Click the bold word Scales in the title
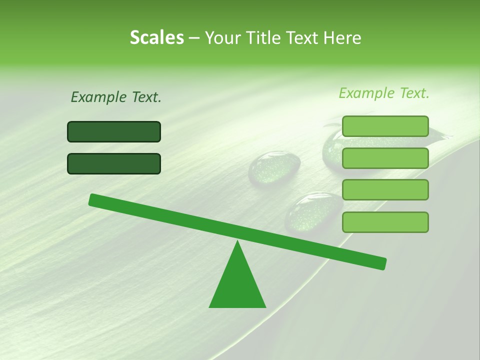click(156, 37)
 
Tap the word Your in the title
click(223, 37)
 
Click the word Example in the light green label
click(367, 93)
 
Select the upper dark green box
click(114, 132)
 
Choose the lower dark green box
click(114, 163)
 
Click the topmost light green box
click(385, 126)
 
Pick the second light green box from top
click(385, 158)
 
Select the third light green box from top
click(385, 190)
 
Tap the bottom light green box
click(385, 222)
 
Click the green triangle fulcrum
click(237, 285)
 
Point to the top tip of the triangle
click(237, 242)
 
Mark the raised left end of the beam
click(93, 199)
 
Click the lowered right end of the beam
click(382, 263)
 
